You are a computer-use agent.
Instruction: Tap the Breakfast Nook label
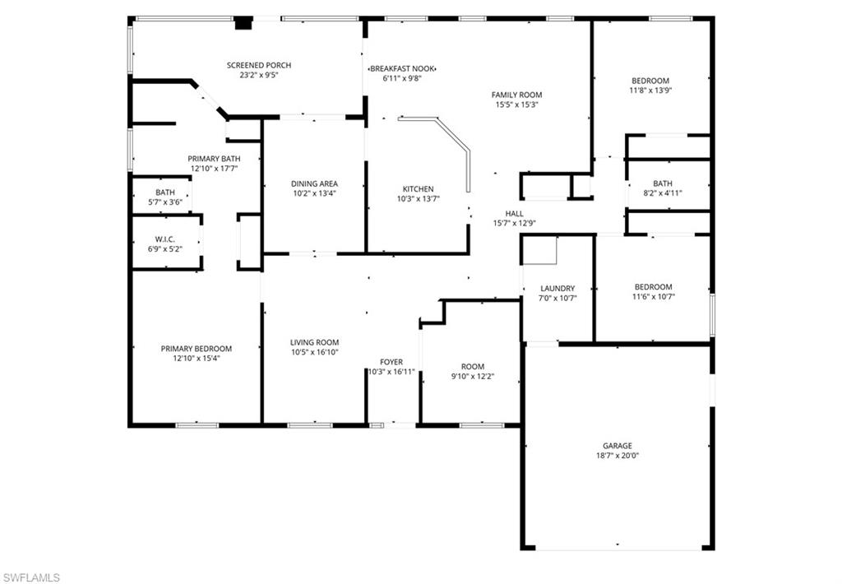coord(402,68)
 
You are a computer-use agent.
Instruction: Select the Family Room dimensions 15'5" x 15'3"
coord(516,104)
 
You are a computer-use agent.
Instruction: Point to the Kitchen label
coord(418,188)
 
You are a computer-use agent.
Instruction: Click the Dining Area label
coord(314,183)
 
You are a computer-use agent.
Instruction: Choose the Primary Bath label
coord(214,159)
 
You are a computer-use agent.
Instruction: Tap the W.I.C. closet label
coord(165,239)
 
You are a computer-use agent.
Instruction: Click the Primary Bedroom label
coord(196,348)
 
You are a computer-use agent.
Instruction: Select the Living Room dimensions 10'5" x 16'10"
coord(314,352)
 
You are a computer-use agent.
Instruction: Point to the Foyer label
coord(391,362)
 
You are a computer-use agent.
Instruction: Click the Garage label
coord(617,445)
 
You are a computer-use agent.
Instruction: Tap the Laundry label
coord(557,288)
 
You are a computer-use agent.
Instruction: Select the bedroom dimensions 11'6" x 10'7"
coord(653,297)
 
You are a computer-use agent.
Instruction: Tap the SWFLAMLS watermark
coord(31,577)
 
